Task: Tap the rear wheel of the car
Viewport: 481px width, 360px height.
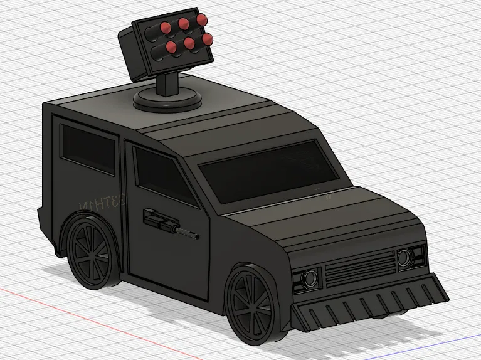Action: click(x=92, y=250)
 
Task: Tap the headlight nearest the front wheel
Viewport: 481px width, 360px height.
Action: click(x=309, y=278)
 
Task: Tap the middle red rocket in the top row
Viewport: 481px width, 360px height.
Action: click(x=184, y=23)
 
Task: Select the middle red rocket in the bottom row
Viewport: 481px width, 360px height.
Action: click(x=187, y=45)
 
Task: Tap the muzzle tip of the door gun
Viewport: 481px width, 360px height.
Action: click(x=195, y=237)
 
